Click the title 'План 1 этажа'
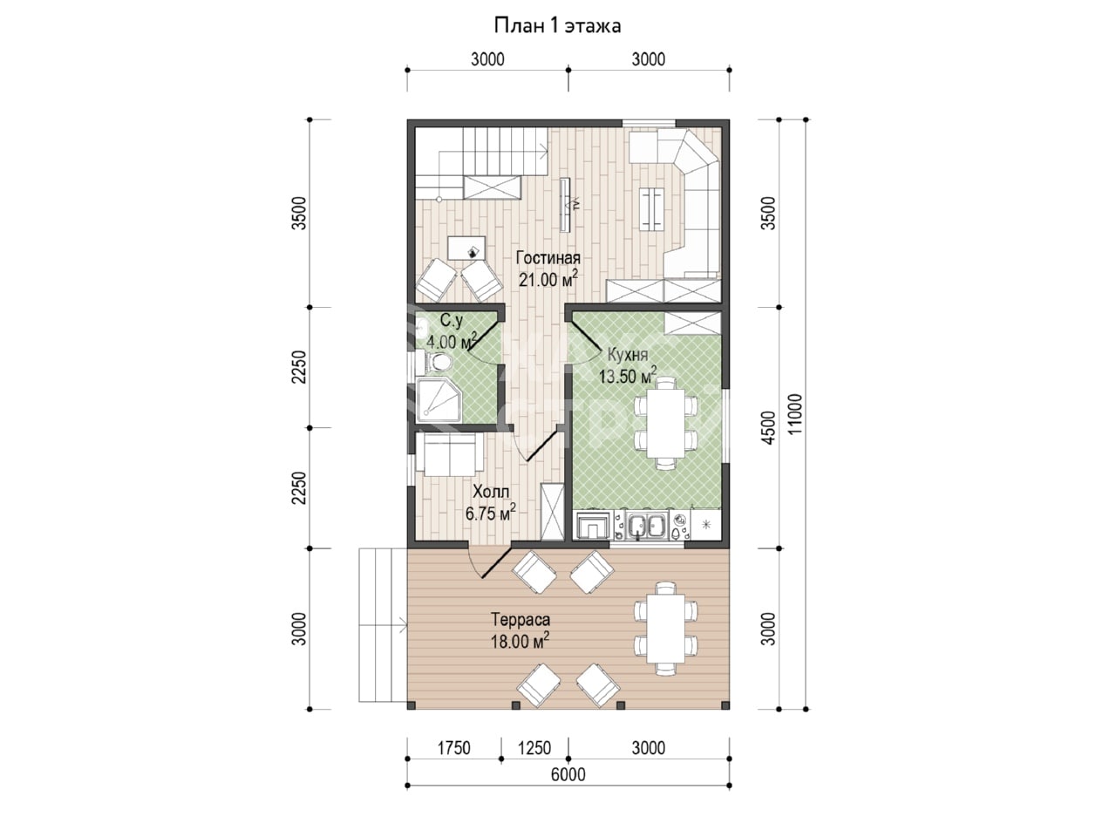tap(557, 25)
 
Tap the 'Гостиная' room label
tap(548, 258)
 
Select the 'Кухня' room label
tap(628, 355)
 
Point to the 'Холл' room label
tap(491, 492)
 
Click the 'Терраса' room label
tap(521, 620)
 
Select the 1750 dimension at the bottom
tap(453, 748)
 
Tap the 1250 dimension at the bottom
tap(534, 748)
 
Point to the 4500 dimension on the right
tap(770, 428)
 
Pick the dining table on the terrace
tap(665, 629)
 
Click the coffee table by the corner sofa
tap(652, 209)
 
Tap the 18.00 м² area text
tap(520, 641)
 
